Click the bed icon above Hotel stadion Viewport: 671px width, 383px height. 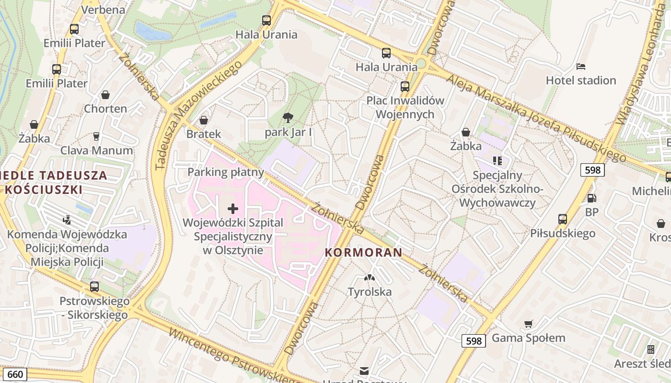581,66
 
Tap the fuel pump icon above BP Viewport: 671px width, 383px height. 592,198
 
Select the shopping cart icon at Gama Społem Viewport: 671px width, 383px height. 528,324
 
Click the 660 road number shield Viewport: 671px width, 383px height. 15,374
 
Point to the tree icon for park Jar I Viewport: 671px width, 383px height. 288,117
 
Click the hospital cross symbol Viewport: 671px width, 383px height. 233,208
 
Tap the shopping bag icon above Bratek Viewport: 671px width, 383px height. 204,120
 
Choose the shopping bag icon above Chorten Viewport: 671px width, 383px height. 105,95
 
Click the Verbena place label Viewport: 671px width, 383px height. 103,10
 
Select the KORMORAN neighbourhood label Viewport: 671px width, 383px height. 363,252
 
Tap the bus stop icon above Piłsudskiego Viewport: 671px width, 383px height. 563,219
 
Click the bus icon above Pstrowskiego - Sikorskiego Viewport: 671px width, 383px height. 94,287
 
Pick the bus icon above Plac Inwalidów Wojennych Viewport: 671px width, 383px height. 405,87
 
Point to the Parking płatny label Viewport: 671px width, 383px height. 226,172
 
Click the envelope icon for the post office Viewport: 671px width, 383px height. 364,371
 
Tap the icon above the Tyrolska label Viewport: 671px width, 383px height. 369,277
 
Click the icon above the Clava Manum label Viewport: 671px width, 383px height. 96,136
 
